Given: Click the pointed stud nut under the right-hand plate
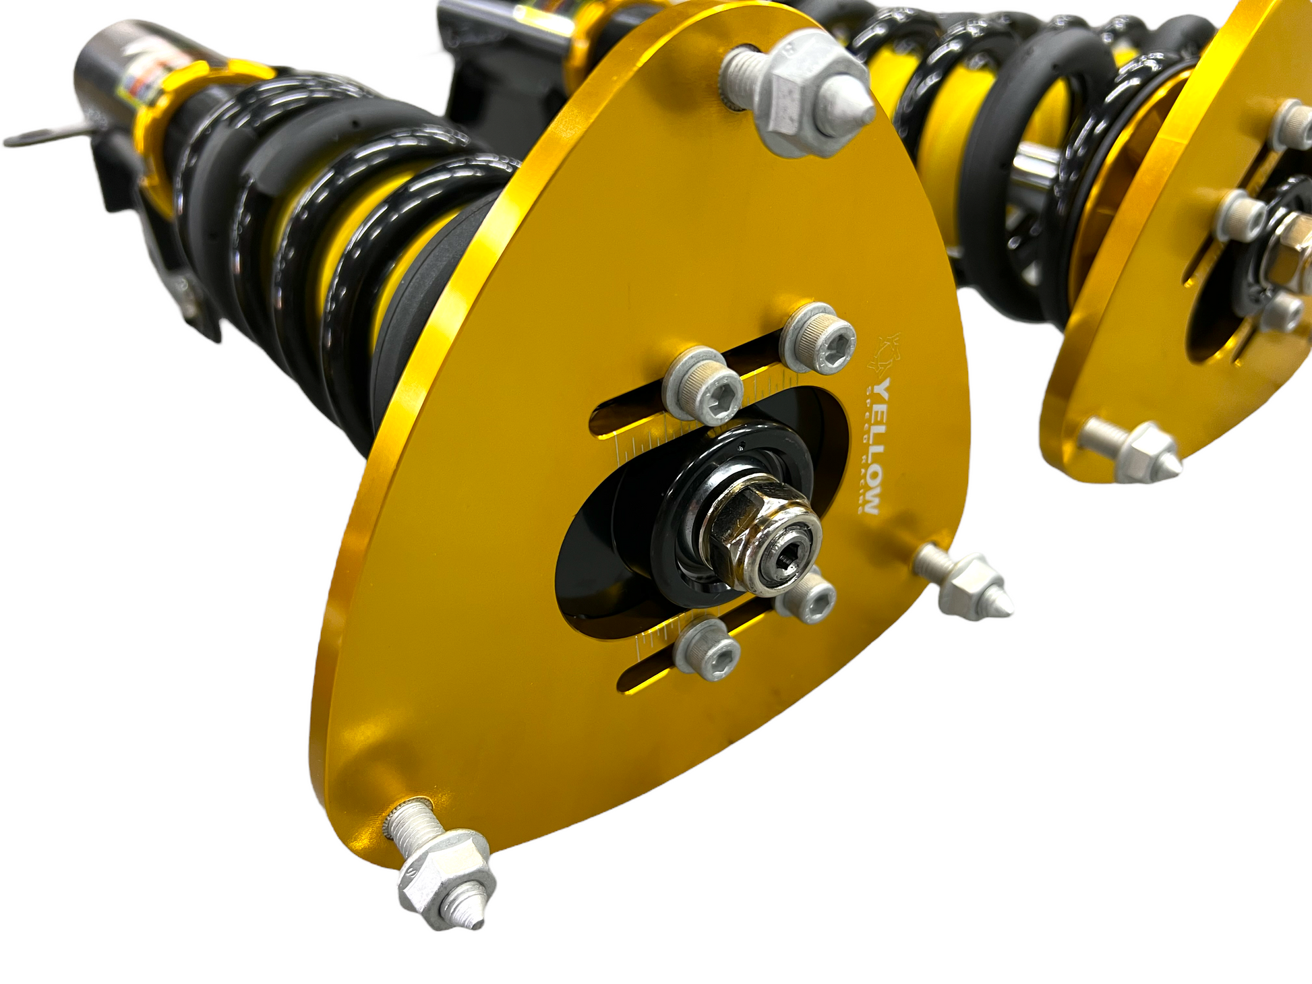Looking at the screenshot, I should click(1146, 452).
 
